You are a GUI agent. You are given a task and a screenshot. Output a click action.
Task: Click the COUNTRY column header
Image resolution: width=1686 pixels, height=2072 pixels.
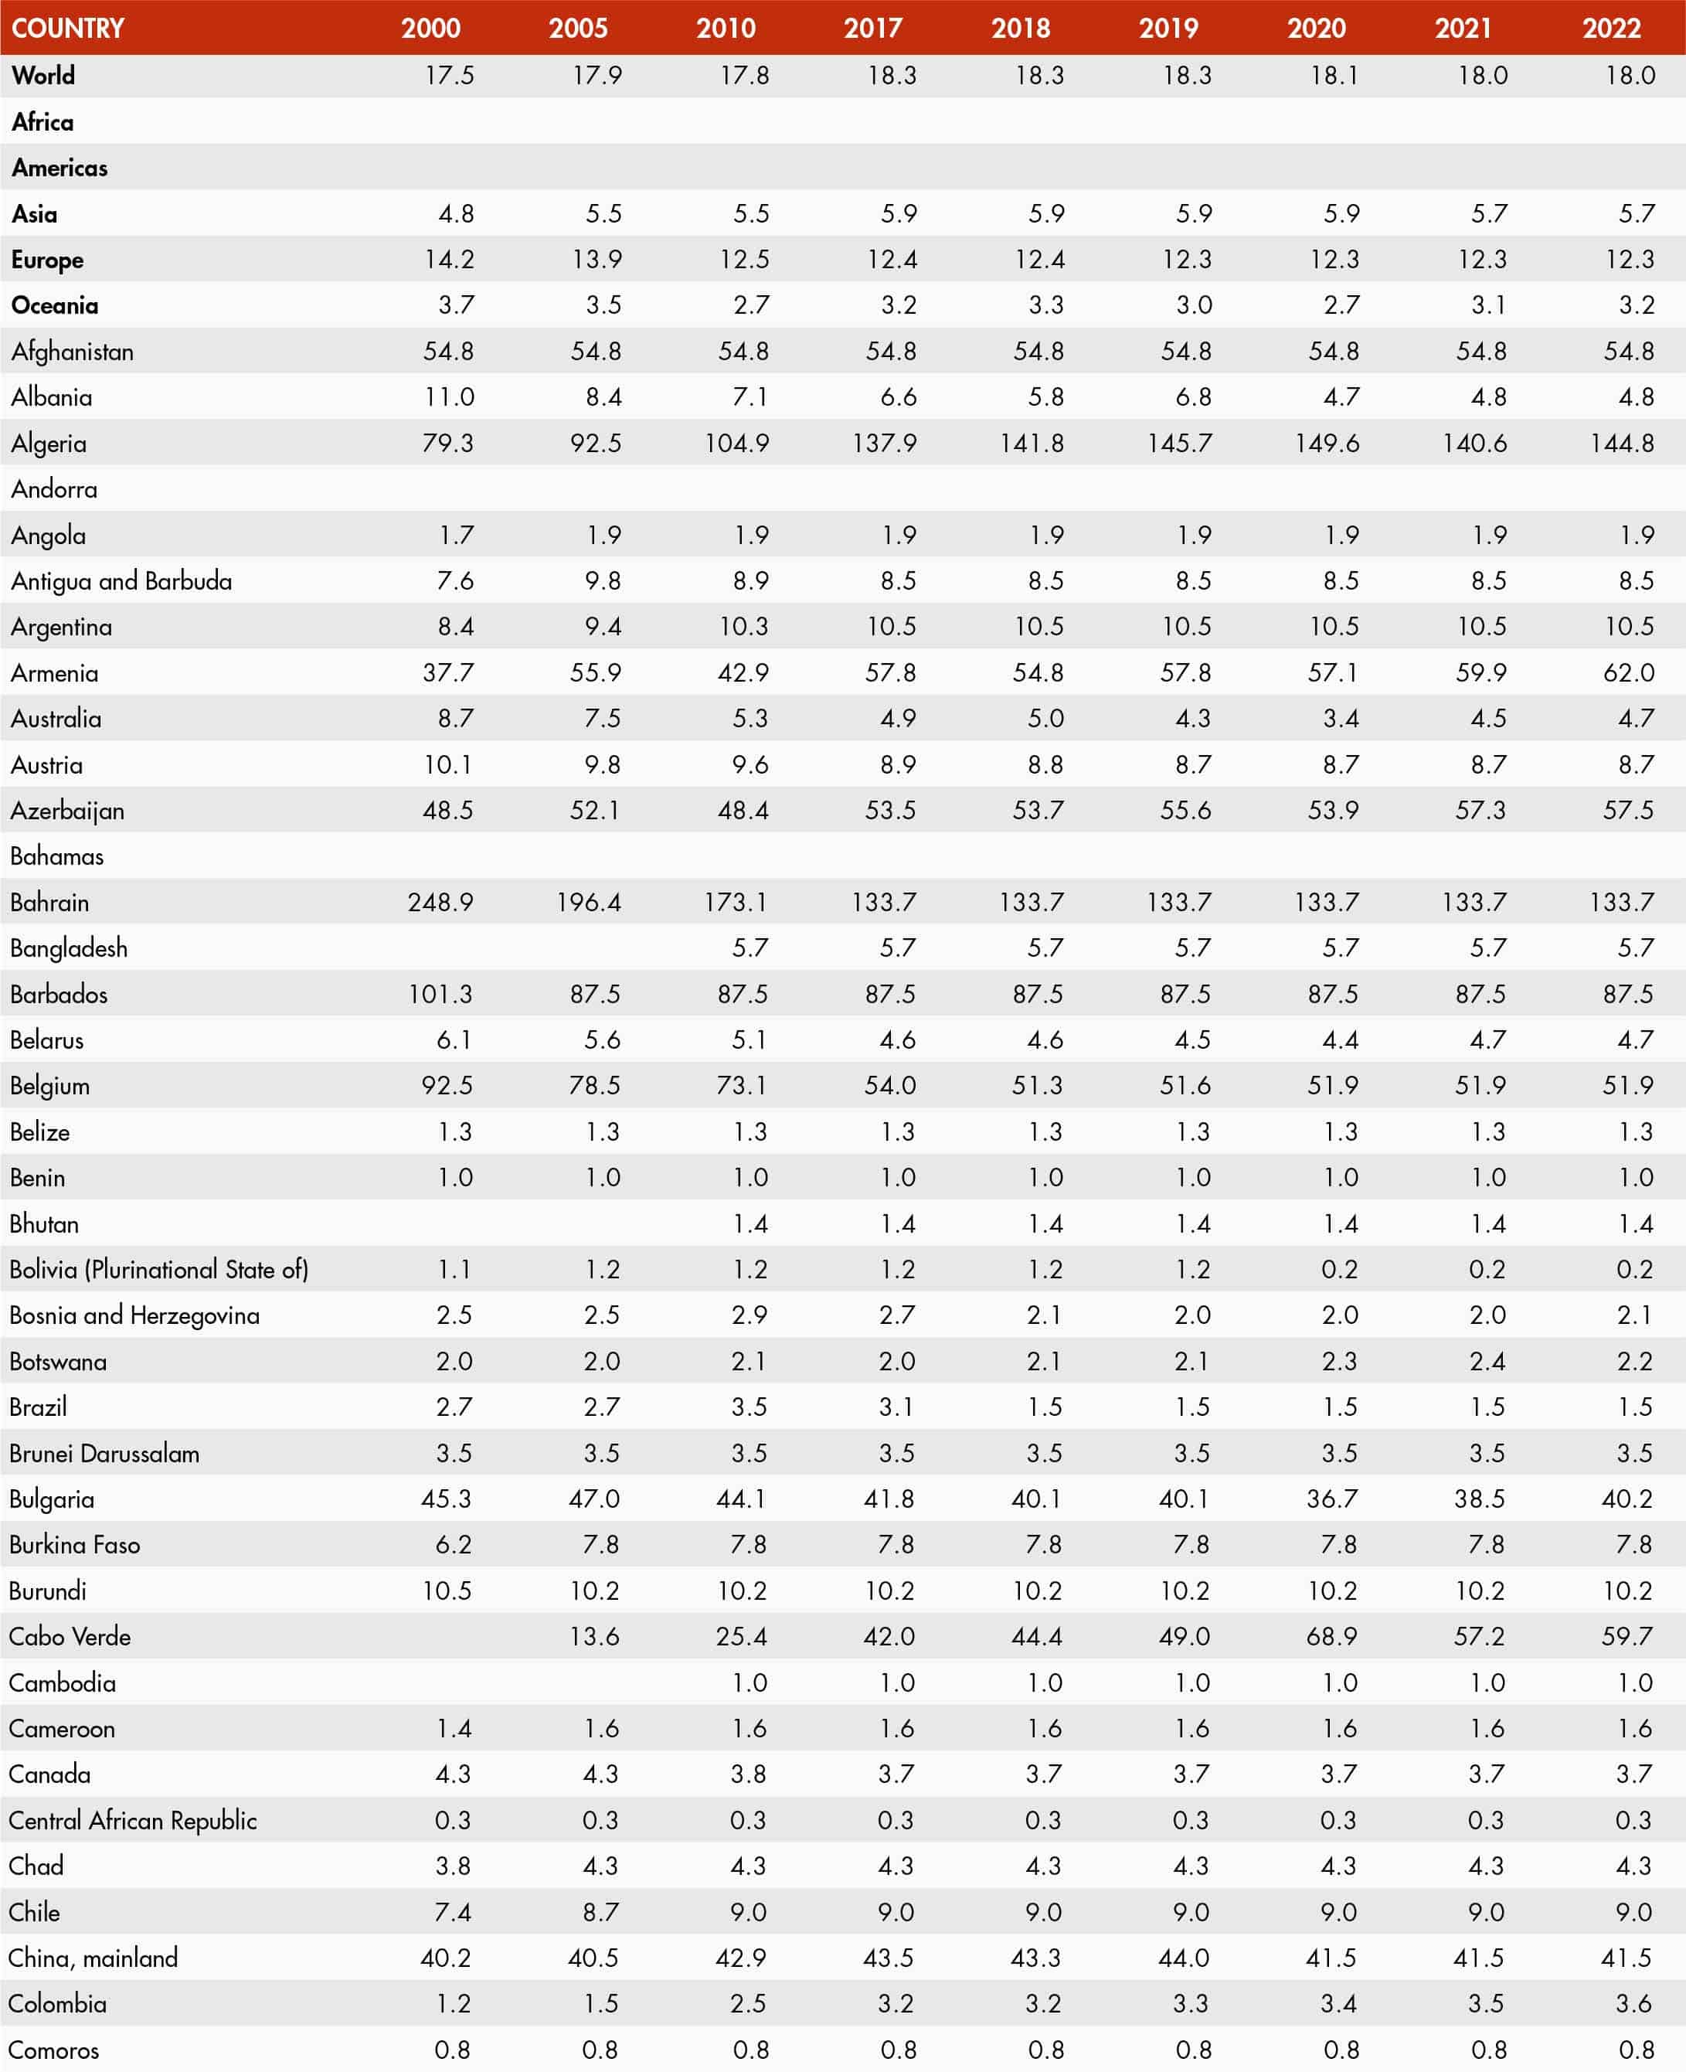(x=68, y=28)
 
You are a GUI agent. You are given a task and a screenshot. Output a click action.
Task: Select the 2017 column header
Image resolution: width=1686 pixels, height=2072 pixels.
(x=872, y=28)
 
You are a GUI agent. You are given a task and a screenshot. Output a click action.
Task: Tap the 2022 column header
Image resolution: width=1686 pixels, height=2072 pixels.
(x=1611, y=28)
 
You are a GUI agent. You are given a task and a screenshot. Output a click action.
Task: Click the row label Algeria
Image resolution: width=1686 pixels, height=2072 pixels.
(x=49, y=444)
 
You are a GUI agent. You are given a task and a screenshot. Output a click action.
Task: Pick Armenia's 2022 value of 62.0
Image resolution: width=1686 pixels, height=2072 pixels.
(x=1628, y=672)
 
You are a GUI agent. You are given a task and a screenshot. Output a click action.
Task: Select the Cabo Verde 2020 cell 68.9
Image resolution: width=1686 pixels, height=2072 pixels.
(x=1331, y=1637)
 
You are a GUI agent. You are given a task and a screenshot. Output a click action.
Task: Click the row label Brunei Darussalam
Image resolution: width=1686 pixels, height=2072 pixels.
(x=104, y=1453)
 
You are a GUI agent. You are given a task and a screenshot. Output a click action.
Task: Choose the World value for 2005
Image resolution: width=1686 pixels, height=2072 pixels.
(x=597, y=75)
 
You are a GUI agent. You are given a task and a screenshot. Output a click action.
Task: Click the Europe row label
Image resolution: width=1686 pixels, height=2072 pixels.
(x=48, y=260)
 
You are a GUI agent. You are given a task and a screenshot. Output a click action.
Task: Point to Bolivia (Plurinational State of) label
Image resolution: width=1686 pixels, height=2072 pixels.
(x=158, y=1270)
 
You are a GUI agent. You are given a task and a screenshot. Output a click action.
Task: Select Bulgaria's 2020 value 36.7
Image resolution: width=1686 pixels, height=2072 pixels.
(x=1331, y=1499)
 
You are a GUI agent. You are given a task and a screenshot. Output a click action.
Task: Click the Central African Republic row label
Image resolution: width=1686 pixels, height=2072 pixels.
(x=133, y=1820)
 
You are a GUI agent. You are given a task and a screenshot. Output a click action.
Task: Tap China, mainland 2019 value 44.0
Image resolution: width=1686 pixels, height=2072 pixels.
(x=1184, y=1958)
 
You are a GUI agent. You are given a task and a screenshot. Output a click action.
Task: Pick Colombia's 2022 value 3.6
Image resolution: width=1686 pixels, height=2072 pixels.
(x=1633, y=2004)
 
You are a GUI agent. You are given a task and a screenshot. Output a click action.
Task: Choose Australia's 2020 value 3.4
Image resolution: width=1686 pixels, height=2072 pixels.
(x=1341, y=719)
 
